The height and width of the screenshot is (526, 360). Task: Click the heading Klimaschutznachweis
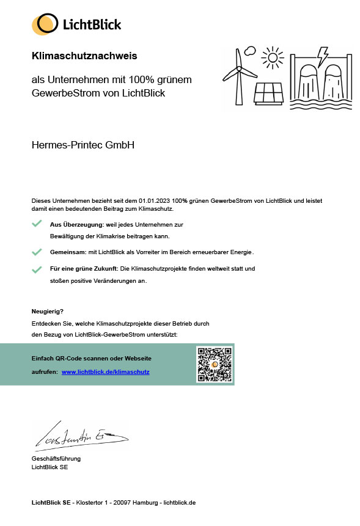click(x=84, y=56)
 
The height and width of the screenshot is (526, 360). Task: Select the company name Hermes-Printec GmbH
click(x=83, y=145)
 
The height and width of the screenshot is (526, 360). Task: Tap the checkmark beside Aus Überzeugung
click(x=37, y=224)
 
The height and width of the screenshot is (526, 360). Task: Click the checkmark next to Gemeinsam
click(x=37, y=252)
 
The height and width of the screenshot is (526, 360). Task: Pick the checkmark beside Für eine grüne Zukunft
click(x=37, y=269)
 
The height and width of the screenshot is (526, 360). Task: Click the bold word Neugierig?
click(x=48, y=311)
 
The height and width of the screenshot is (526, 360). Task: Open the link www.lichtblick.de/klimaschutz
click(x=105, y=371)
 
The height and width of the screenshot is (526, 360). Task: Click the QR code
click(x=214, y=364)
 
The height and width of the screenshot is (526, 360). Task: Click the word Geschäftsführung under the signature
click(x=56, y=458)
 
